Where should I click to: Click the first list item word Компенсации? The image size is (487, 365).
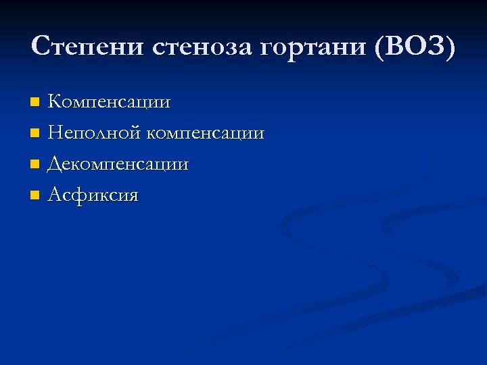click(109, 103)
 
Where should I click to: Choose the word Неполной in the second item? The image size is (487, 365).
click(93, 133)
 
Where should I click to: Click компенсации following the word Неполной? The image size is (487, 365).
click(204, 134)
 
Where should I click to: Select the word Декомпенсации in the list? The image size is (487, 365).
click(118, 165)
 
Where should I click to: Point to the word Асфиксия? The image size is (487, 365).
click(93, 196)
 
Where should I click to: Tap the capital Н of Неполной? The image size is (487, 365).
click(55, 133)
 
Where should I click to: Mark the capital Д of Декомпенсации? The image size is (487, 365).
click(55, 164)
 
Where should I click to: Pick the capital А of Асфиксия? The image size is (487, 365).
click(55, 195)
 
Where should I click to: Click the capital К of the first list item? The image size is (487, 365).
click(55, 102)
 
